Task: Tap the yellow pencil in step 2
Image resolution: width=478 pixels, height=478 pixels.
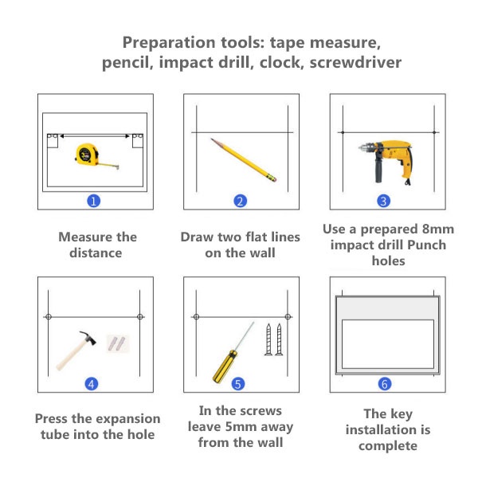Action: [x=243, y=160]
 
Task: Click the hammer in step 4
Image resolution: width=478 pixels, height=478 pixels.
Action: [x=76, y=351]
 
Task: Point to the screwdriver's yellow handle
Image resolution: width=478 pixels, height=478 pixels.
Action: [x=225, y=366]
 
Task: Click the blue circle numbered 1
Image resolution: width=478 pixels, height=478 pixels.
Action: [x=93, y=202]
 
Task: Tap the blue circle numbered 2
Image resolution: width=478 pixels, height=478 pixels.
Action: [x=241, y=202]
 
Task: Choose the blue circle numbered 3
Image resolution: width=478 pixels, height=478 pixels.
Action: [x=383, y=202]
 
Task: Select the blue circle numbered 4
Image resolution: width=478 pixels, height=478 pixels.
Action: [x=92, y=384]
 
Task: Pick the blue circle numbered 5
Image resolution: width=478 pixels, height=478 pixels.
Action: [x=238, y=384]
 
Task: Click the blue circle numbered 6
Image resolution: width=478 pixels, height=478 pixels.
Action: [x=385, y=384]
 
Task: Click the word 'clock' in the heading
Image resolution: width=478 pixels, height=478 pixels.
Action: [x=282, y=62]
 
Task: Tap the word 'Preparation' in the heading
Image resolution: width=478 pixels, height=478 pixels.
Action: [x=169, y=43]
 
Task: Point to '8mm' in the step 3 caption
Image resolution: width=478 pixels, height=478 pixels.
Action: [x=438, y=229]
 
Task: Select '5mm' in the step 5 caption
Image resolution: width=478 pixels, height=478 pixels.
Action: [x=241, y=426]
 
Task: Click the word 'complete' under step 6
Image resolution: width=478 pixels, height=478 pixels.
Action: [x=388, y=446]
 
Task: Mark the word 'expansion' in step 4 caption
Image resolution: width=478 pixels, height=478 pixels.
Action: [x=127, y=419]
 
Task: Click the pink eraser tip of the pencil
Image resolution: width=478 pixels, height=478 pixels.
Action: [x=273, y=178]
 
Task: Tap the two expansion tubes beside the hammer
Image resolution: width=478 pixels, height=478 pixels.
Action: [x=117, y=343]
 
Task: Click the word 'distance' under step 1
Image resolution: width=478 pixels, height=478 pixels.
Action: [x=96, y=253]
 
